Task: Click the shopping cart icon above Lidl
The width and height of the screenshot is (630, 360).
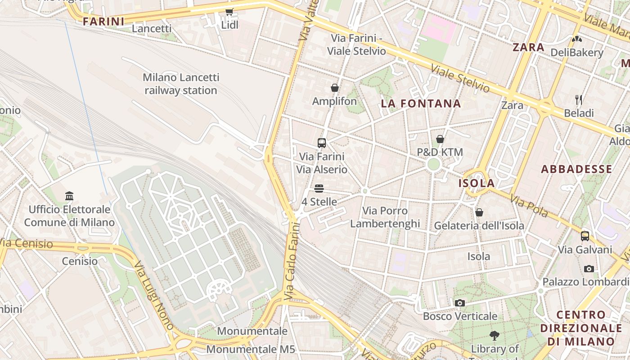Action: click(229, 12)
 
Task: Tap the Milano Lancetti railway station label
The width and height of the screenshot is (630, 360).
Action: click(181, 84)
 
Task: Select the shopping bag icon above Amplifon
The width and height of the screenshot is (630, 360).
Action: click(334, 88)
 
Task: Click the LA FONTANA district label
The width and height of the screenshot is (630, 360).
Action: click(421, 103)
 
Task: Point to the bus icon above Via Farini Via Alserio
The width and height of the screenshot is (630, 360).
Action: click(322, 143)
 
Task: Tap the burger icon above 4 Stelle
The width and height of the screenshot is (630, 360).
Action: click(319, 188)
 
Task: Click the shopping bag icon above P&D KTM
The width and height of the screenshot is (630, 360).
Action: click(440, 139)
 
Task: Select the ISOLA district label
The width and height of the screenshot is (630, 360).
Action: click(477, 183)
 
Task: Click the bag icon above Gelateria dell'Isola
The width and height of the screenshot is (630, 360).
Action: click(479, 212)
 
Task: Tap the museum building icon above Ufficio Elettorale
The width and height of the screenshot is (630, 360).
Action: click(69, 196)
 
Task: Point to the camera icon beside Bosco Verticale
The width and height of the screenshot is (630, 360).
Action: click(459, 303)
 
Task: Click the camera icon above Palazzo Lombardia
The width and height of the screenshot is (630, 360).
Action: click(589, 269)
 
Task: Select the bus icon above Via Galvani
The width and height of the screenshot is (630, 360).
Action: click(585, 236)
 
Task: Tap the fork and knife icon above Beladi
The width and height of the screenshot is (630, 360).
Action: click(579, 99)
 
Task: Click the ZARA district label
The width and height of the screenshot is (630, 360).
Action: click(528, 47)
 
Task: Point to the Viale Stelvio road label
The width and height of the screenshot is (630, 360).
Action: click(460, 78)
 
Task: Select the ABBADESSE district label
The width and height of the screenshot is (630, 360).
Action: click(576, 169)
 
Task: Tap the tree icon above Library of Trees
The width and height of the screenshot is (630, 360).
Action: click(495, 335)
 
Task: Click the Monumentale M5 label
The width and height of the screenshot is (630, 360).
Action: click(251, 349)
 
